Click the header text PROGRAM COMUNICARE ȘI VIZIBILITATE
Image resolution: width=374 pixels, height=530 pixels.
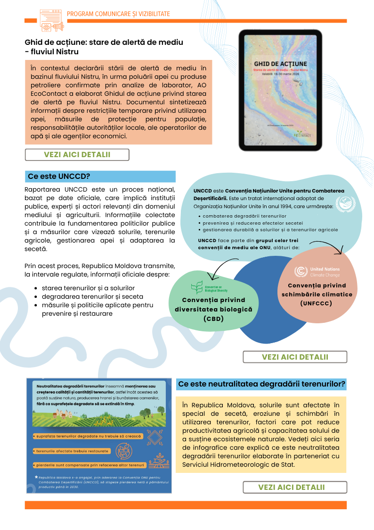pyautogui.click(x=118, y=14)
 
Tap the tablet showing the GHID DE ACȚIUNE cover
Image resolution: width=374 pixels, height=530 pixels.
pyautogui.click(x=280, y=90)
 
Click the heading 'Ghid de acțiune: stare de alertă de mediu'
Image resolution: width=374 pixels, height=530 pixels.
pyautogui.click(x=104, y=42)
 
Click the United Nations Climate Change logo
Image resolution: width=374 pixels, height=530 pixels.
pyautogui.click(x=317, y=271)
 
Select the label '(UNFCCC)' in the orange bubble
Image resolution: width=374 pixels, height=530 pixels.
pyautogui.click(x=317, y=303)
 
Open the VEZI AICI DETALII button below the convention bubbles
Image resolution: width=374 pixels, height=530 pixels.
pyautogui.click(x=295, y=357)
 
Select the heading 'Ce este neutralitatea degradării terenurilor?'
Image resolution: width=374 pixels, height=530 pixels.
pyautogui.click(x=261, y=384)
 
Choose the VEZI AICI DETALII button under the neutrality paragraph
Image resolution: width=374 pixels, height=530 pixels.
pyautogui.click(x=295, y=487)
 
